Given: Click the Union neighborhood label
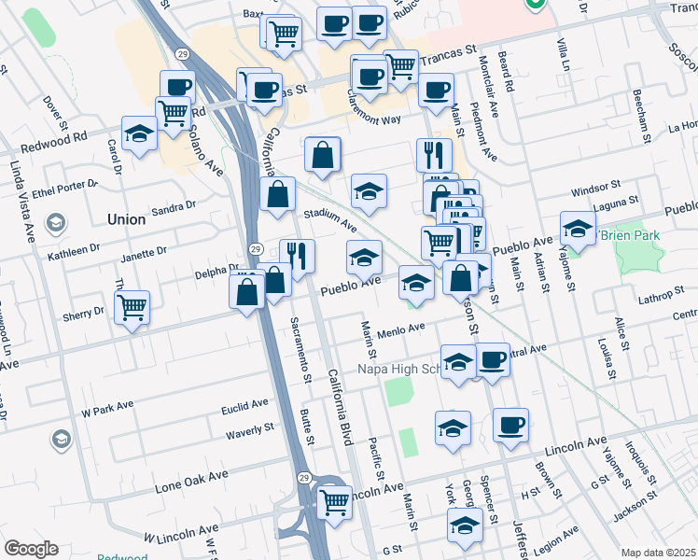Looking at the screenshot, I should coord(126,219).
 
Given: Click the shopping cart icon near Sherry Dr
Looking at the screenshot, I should coord(133,307).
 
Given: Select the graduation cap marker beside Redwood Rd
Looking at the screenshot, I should coord(139,133).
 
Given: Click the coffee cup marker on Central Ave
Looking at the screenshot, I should coord(492,360).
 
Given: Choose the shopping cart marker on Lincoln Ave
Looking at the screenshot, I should coord(333,501).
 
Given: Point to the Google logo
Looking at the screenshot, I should coord(31,549).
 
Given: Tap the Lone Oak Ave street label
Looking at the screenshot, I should coord(191,481).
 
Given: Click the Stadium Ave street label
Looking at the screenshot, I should coord(328,219).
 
